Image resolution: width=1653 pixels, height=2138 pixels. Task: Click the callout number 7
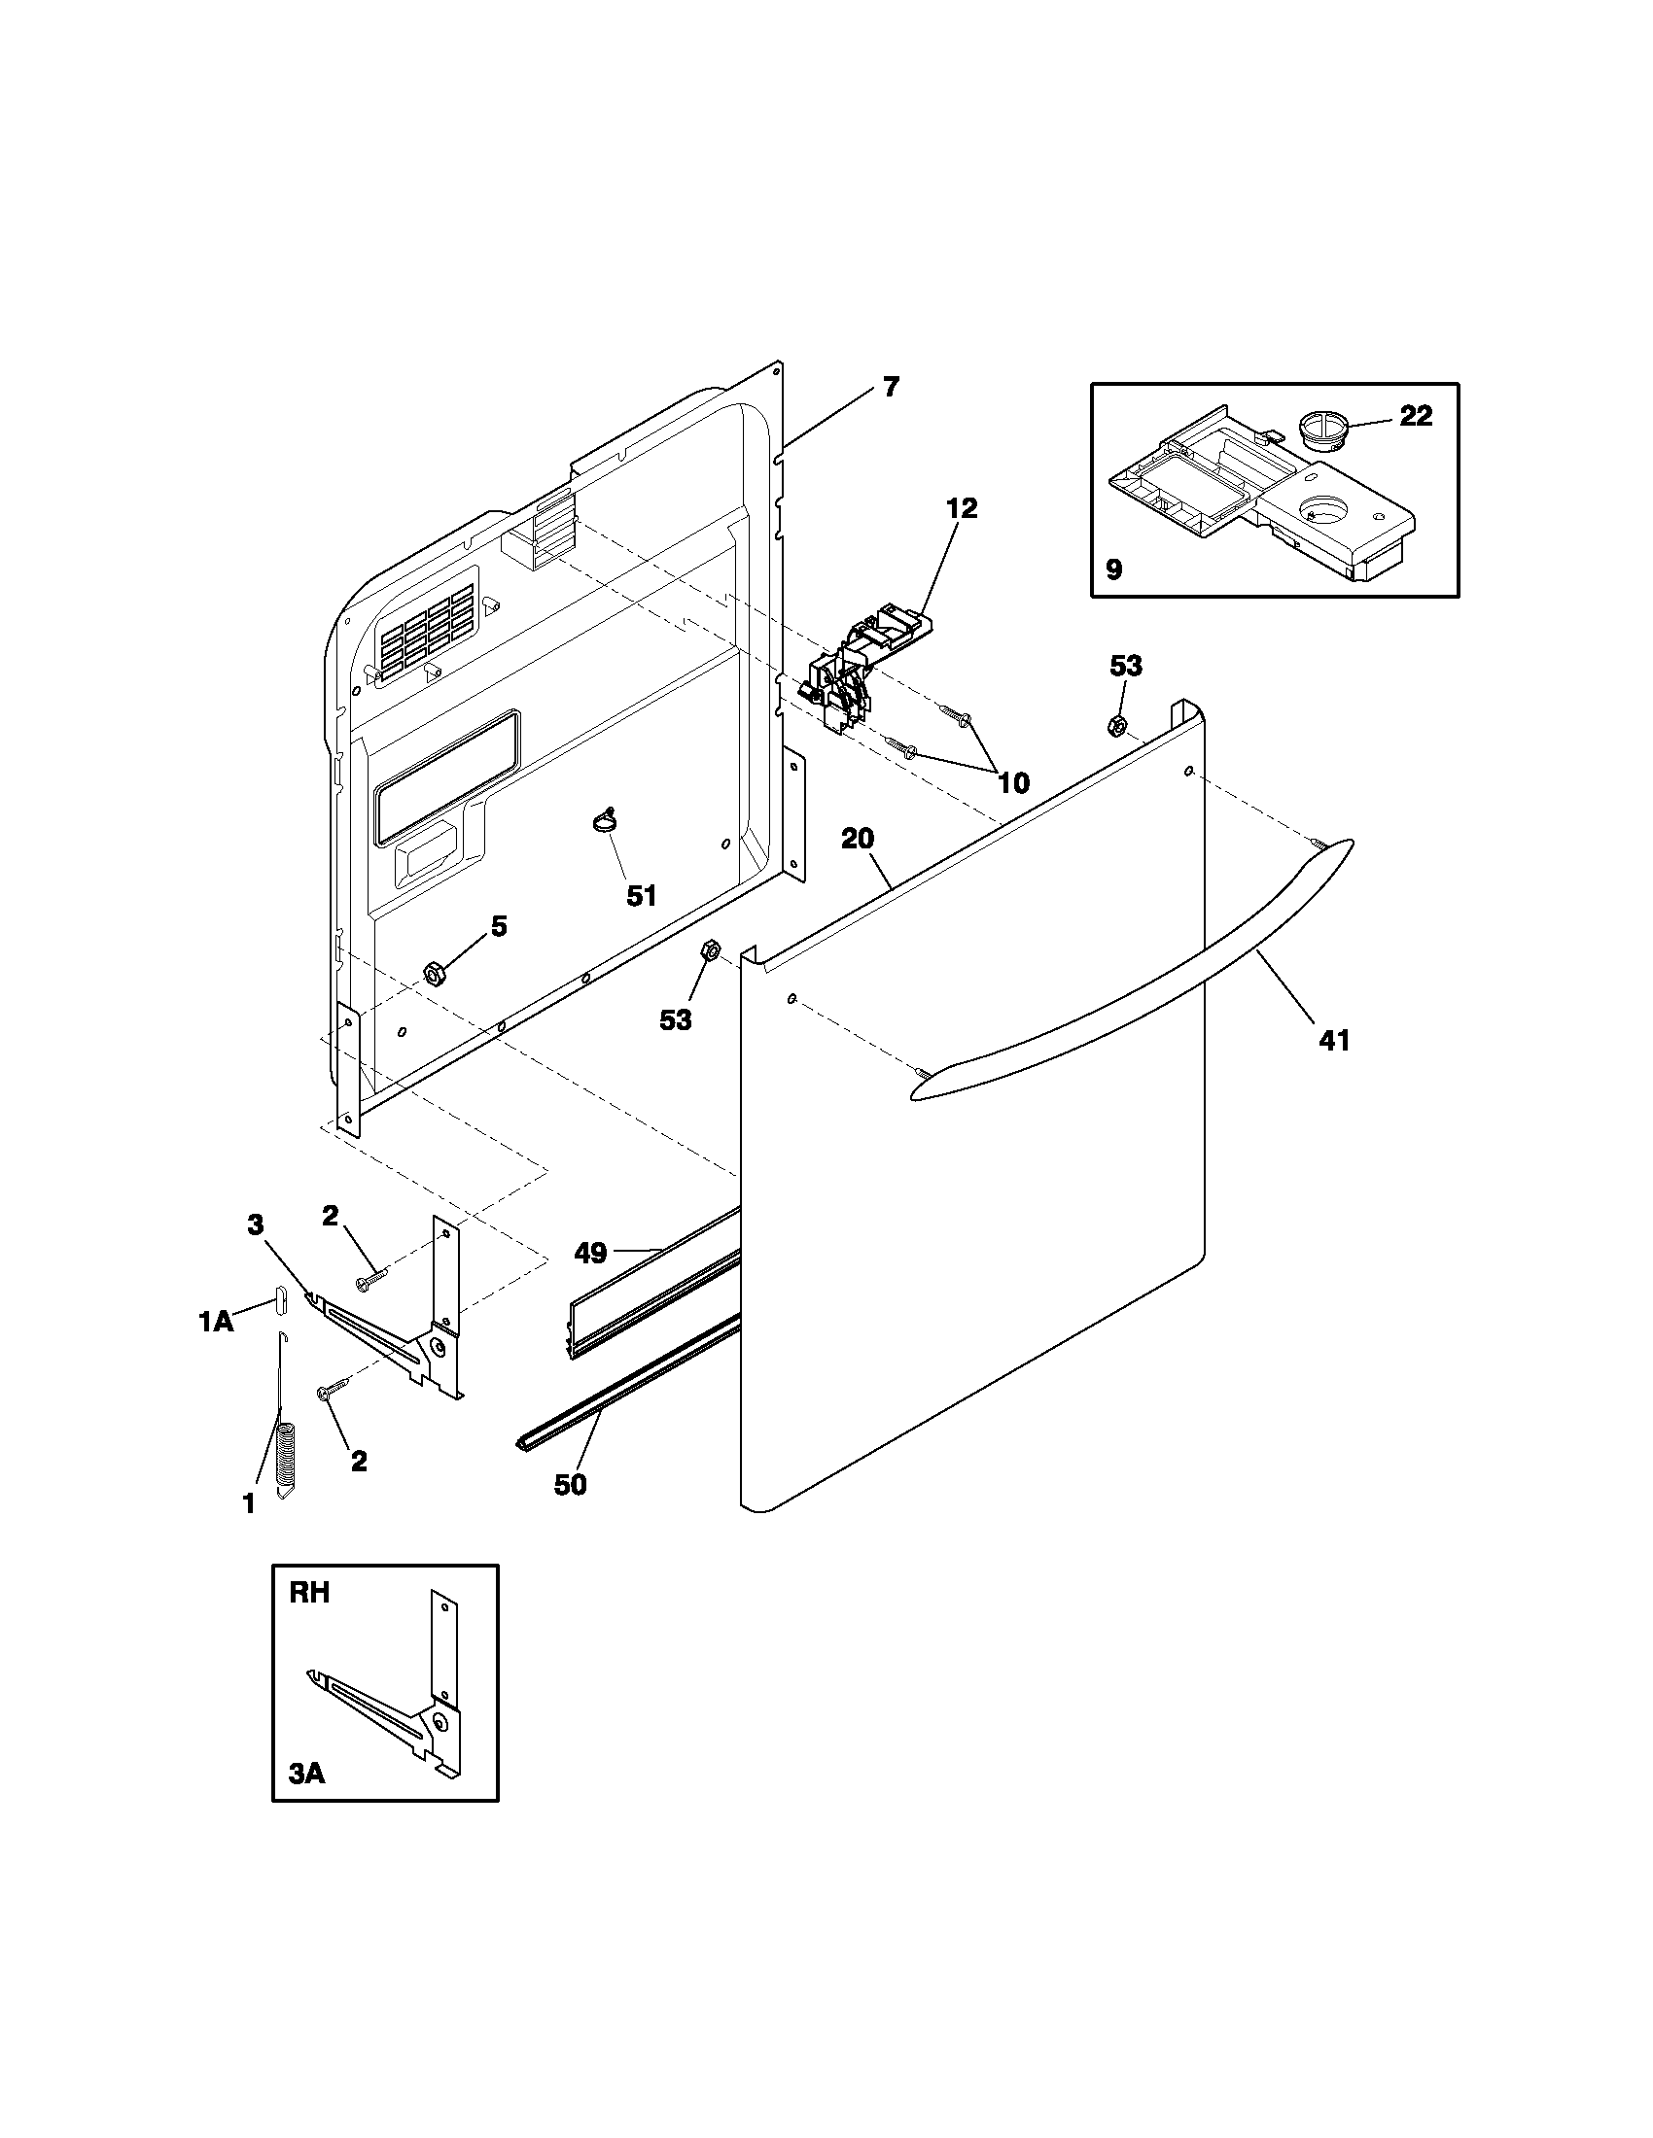(889, 387)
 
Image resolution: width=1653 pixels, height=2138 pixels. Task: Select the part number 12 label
(962, 508)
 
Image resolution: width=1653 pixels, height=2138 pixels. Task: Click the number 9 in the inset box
(1114, 569)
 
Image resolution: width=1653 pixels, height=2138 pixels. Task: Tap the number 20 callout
(858, 839)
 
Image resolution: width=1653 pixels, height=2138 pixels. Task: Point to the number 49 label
(590, 1252)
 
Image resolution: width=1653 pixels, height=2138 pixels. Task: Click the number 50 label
(570, 1484)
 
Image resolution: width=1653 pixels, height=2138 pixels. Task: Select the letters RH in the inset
(309, 1593)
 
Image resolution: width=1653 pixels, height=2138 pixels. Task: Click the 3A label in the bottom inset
(306, 1773)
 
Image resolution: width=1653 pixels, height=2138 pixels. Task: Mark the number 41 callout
(1335, 1041)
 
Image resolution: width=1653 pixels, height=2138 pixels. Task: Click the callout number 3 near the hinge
(256, 1224)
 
